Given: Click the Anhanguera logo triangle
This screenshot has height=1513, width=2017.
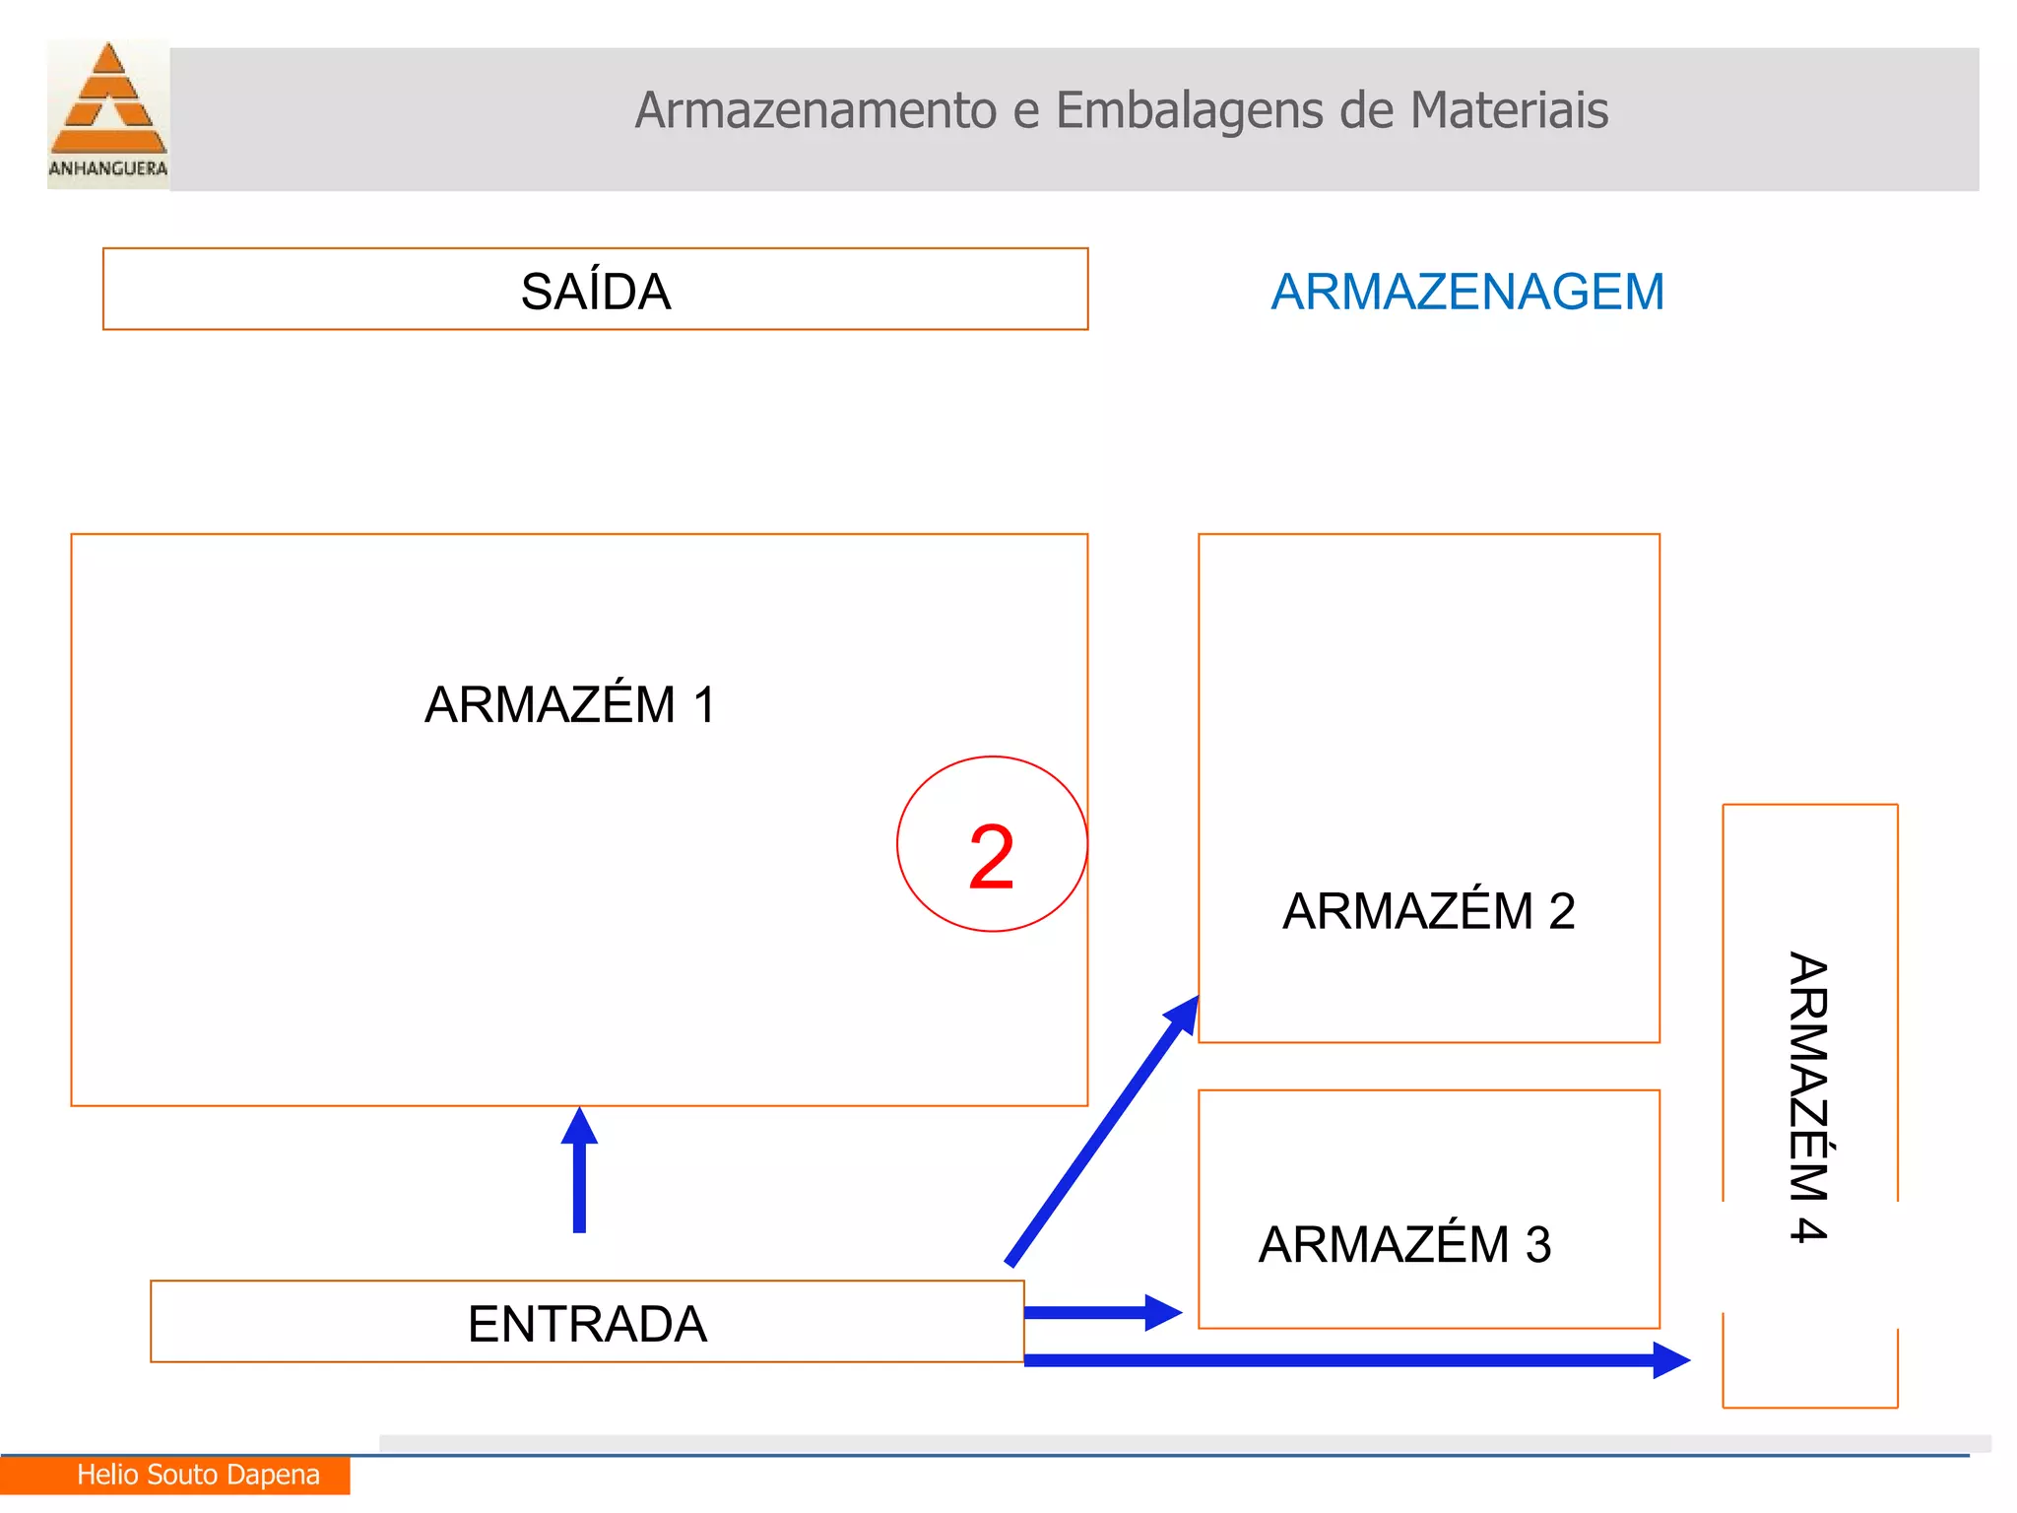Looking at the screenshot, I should [x=108, y=99].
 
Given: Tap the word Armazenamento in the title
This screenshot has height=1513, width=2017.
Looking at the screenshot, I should [x=816, y=110].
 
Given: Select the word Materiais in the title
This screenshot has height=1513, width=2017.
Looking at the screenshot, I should [x=1509, y=110].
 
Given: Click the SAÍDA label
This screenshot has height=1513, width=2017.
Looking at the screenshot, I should [x=596, y=292].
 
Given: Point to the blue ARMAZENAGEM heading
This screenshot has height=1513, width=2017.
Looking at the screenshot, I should [x=1467, y=292].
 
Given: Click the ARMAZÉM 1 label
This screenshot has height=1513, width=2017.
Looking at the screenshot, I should [x=569, y=704].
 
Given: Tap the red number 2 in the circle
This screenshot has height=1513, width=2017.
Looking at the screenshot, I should [x=991, y=857].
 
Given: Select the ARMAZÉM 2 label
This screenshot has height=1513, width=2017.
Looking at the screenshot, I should [x=1428, y=911].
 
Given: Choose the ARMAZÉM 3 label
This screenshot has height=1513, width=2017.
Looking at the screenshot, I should [x=1404, y=1245].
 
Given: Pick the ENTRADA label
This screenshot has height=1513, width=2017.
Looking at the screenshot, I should [x=587, y=1324].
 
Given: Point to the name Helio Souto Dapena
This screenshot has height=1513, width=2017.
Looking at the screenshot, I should [x=198, y=1475].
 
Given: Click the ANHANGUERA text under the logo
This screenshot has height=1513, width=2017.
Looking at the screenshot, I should [x=108, y=168].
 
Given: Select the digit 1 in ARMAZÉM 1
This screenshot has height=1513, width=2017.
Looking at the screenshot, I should [x=703, y=704].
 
